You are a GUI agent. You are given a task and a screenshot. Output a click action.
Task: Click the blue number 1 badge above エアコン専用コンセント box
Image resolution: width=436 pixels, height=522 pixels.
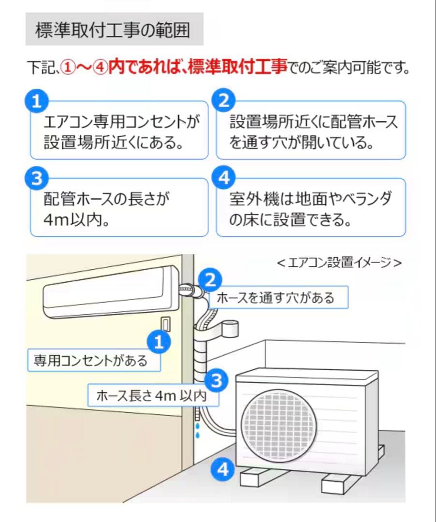36,101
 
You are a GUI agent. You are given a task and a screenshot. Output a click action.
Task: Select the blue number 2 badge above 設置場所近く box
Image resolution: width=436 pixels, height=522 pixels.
223,101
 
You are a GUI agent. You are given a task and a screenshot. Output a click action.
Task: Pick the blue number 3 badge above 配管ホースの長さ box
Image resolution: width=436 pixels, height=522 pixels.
36,179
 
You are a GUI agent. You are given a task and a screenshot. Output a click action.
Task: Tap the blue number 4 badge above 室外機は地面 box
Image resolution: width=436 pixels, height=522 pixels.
223,179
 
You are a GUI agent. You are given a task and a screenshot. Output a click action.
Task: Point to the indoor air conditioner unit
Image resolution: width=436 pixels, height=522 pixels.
109,292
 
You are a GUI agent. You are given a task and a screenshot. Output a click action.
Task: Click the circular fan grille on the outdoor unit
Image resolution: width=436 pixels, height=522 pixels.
279,424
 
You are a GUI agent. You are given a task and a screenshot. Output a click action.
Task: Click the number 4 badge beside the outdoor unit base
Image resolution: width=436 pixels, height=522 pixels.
223,468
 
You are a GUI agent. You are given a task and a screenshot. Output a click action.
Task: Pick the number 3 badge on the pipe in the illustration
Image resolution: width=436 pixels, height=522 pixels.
217,381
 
